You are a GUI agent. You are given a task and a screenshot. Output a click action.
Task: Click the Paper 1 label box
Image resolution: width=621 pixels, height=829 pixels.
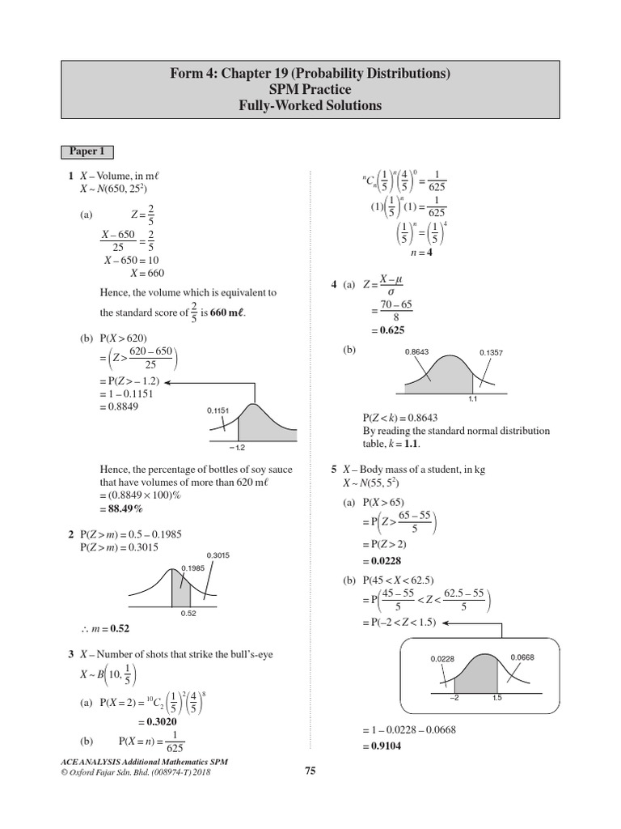click(x=87, y=151)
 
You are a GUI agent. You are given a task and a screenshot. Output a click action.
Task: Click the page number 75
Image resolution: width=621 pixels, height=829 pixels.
click(x=310, y=771)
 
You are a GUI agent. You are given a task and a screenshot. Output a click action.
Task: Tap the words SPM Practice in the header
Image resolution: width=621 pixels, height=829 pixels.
click(x=310, y=90)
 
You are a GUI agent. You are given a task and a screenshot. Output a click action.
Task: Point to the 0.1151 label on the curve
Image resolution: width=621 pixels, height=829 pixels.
click(x=218, y=410)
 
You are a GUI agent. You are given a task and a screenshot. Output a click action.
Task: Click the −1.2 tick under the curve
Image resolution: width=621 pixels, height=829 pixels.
click(x=237, y=447)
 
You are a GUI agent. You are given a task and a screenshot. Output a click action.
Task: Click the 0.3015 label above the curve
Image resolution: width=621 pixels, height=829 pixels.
click(x=218, y=555)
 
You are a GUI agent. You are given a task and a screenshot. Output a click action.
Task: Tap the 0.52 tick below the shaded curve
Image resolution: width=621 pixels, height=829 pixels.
click(x=190, y=614)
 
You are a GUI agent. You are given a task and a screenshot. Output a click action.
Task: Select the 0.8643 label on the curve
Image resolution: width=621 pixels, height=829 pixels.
click(x=416, y=352)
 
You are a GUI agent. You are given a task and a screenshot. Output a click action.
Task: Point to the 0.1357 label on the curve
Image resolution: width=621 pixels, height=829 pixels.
click(x=491, y=353)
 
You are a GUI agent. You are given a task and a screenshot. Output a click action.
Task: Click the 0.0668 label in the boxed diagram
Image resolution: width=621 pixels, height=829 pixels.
click(x=522, y=657)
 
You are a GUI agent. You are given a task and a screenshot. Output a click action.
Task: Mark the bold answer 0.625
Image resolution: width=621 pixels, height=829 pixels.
click(x=387, y=330)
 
